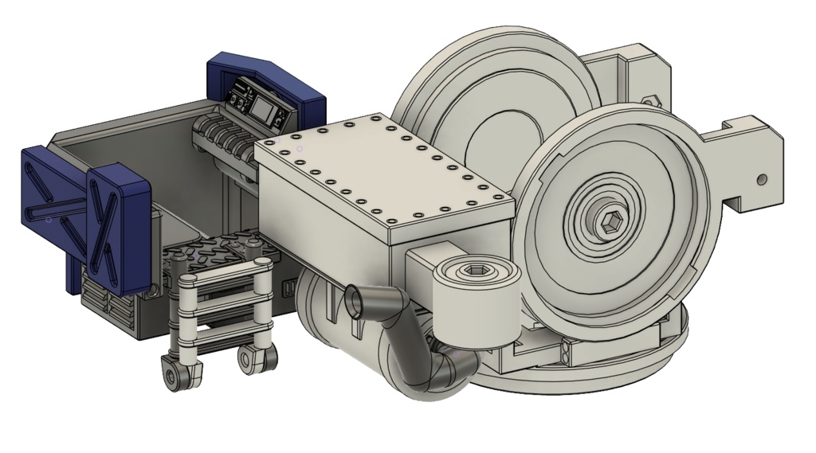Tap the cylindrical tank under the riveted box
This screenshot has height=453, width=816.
click(335, 326)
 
